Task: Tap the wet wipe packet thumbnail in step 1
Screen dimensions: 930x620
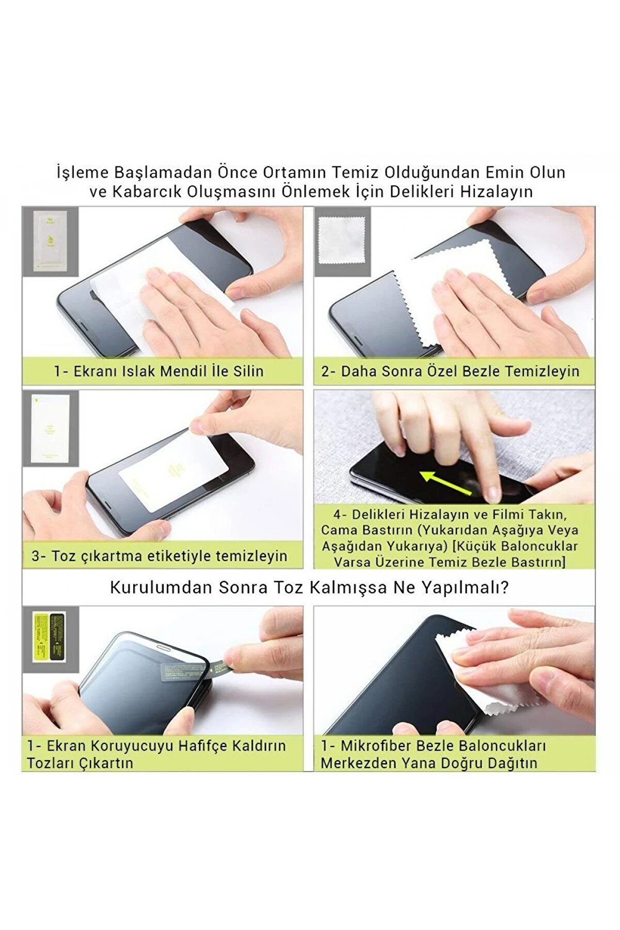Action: click(x=51, y=241)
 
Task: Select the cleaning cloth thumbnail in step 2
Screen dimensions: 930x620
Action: click(x=341, y=241)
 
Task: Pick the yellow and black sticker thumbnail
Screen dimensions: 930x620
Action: click(x=50, y=634)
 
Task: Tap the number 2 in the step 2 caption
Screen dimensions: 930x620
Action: click(x=325, y=371)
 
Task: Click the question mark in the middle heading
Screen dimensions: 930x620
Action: click(x=505, y=588)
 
